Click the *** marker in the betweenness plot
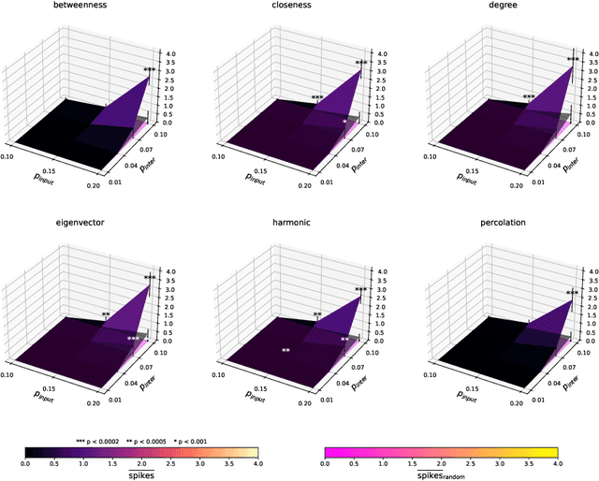pyautogui.click(x=150, y=70)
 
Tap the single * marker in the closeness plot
pyautogui.click(x=344, y=122)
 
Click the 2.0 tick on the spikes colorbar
pyautogui.click(x=142, y=463)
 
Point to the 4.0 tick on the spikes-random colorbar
pyautogui.click(x=558, y=463)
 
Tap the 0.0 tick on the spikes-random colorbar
pyautogui.click(x=324, y=463)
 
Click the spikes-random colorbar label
pyautogui.click(x=441, y=474)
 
